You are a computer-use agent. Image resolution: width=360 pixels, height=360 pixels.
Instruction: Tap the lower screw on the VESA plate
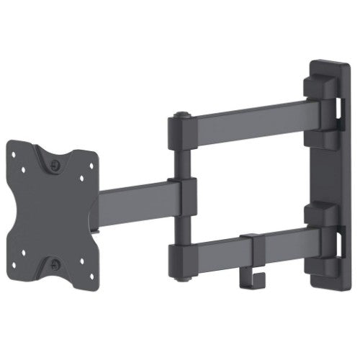click(55, 264)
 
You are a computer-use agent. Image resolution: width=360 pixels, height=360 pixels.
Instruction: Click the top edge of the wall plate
click(328, 63)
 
